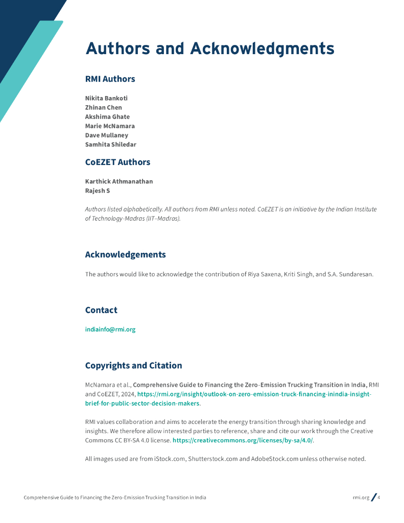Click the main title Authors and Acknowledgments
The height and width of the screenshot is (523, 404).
[x=210, y=49]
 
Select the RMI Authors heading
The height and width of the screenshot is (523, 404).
[x=110, y=79]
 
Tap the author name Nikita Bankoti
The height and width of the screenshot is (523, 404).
[x=106, y=98]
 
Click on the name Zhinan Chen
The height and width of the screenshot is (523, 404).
[x=103, y=107]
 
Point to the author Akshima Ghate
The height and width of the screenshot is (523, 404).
[x=107, y=116]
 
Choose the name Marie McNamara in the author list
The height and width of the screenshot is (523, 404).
[x=110, y=126]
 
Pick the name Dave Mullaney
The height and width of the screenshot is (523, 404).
[x=106, y=135]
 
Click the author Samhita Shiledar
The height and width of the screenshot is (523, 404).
[x=110, y=144]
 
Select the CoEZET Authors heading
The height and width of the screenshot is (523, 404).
[x=117, y=162]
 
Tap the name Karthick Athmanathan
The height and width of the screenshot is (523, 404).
[x=118, y=181]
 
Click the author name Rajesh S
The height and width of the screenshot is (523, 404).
[x=97, y=191]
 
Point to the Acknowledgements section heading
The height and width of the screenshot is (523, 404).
[x=125, y=254]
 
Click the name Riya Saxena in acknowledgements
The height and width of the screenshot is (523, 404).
[x=265, y=274]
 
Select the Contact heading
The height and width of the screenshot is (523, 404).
[x=101, y=310]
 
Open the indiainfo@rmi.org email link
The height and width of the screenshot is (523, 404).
[x=110, y=329]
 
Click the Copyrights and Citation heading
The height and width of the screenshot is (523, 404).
[x=133, y=366]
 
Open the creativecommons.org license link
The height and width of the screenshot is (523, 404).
[x=243, y=440]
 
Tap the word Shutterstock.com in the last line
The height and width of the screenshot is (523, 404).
[x=213, y=459]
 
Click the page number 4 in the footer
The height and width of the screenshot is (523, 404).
[x=379, y=497]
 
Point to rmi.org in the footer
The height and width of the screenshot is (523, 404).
[x=361, y=497]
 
